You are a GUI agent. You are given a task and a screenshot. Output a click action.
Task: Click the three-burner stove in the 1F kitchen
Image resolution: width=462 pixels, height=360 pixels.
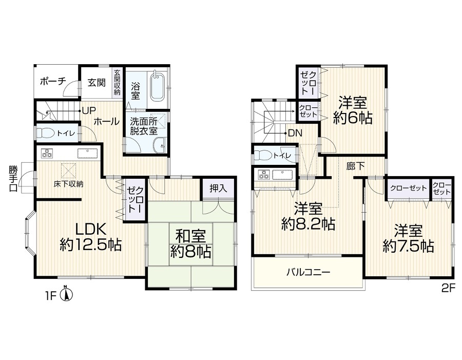(x=47, y=153)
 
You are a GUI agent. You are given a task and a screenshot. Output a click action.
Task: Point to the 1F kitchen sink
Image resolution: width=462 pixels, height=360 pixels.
(x=87, y=153)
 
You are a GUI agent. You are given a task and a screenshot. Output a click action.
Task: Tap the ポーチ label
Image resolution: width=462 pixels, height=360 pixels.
(x=53, y=81)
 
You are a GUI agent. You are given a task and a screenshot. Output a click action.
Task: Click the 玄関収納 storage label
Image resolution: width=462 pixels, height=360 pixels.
(x=117, y=82)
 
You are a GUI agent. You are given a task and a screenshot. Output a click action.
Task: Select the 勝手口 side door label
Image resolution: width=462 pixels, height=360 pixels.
(x=13, y=179)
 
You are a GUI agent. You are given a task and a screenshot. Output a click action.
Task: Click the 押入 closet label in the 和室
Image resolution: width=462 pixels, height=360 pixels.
(x=218, y=188)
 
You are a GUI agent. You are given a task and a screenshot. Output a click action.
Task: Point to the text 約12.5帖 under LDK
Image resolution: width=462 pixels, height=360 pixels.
(x=91, y=244)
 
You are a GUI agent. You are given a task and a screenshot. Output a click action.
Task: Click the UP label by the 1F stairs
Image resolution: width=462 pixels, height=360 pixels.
(x=89, y=111)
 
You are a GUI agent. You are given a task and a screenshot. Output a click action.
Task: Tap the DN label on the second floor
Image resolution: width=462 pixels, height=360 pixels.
(x=295, y=134)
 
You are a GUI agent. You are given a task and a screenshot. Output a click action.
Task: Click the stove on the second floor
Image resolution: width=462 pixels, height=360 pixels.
(x=263, y=175)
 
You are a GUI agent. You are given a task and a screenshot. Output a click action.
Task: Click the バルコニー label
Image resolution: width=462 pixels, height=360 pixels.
(x=309, y=272)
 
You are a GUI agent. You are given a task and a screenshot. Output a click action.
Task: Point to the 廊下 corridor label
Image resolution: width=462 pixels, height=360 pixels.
(x=355, y=166)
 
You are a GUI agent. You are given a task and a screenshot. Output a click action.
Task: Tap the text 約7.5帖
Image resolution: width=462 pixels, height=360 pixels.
(x=409, y=245)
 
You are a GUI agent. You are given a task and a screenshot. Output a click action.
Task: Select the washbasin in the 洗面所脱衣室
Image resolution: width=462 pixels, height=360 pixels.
(x=160, y=145)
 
